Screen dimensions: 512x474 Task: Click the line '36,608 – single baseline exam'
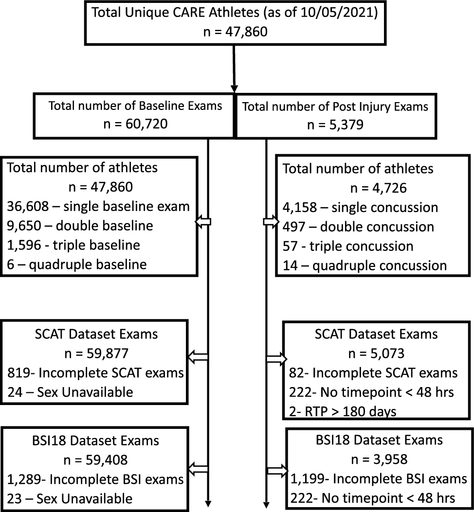click(x=98, y=206)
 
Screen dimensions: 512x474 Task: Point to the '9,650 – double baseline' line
click(x=80, y=226)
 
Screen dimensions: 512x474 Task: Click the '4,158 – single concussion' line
click(x=360, y=208)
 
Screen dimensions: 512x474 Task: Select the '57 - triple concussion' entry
click(x=348, y=246)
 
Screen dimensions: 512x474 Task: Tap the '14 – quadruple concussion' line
click(x=365, y=265)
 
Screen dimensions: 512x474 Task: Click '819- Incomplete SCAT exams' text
click(x=95, y=373)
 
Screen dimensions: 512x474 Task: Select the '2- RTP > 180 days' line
click(x=340, y=411)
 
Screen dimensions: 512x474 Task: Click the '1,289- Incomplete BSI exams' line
click(x=95, y=479)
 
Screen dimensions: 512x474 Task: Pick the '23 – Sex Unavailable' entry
click(x=70, y=498)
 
